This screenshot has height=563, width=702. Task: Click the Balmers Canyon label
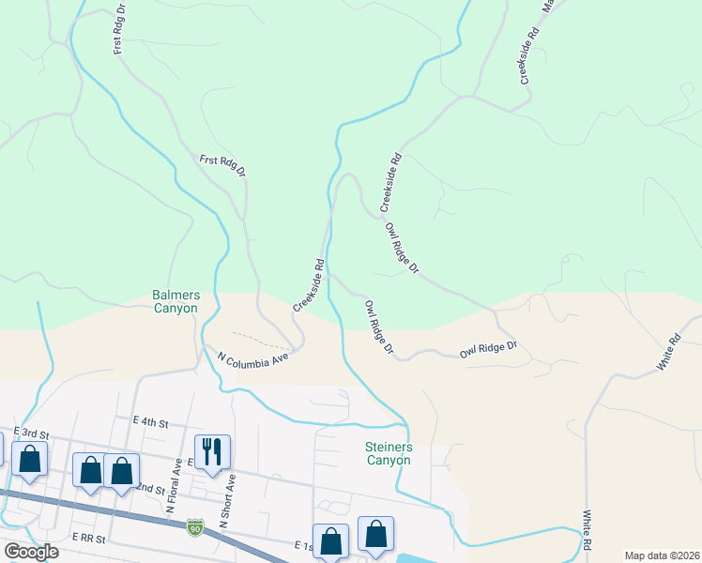175,301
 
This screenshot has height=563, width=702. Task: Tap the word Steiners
389,448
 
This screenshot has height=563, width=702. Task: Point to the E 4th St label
151,423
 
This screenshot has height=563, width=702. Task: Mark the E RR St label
90,540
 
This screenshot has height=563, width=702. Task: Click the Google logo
31,552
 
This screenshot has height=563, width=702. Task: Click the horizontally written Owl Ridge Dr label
489,349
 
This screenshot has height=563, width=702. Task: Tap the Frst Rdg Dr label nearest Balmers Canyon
222,166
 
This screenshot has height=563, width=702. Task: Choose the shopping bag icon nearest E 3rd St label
30,460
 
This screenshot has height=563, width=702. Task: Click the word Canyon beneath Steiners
389,461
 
